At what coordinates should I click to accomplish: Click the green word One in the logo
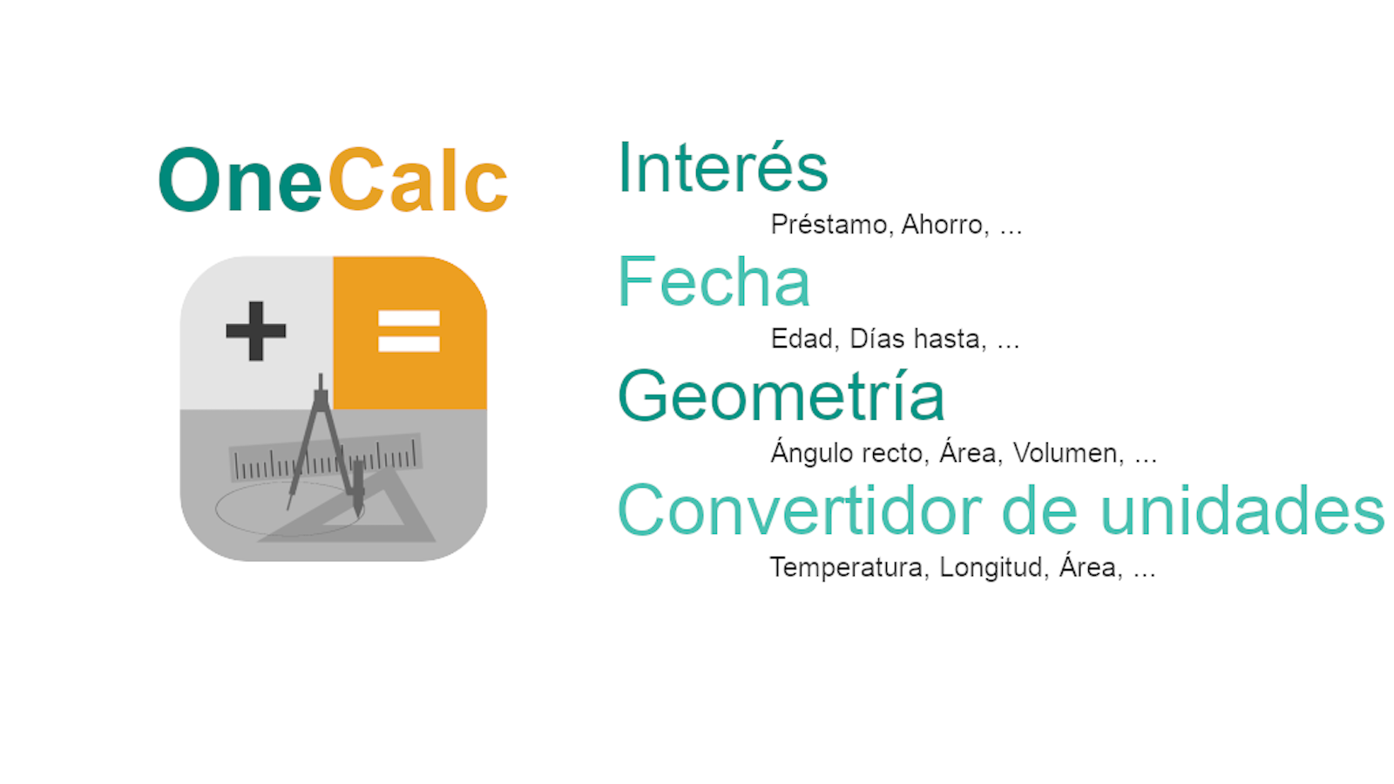(240, 180)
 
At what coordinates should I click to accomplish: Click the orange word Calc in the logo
(418, 179)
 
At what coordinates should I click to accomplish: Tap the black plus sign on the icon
(256, 331)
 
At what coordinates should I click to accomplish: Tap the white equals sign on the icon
(409, 331)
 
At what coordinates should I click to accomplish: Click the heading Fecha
(714, 282)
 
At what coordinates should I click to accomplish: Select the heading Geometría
(782, 395)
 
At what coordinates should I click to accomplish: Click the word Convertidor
(800, 510)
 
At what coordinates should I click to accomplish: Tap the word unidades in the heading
(1242, 510)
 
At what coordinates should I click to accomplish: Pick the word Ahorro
(944, 225)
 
